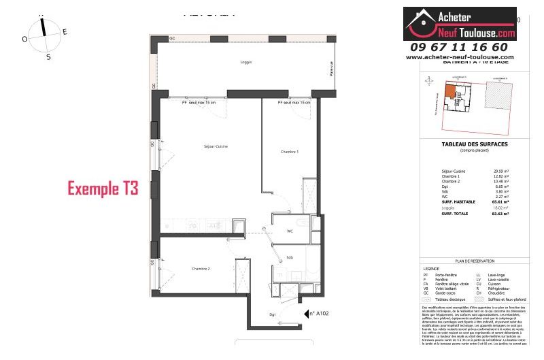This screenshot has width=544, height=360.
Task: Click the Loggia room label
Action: (x=245, y=63)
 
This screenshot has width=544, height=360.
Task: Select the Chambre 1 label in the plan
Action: (x=290, y=152)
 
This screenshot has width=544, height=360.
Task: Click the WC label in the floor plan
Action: (x=290, y=231)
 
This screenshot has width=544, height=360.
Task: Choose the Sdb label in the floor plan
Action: (x=290, y=257)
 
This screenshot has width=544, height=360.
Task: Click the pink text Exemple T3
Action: (x=102, y=189)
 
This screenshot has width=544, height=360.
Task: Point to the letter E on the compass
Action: (x=65, y=31)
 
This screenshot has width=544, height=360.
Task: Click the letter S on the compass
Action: (x=48, y=57)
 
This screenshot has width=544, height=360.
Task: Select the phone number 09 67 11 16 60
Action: (x=459, y=47)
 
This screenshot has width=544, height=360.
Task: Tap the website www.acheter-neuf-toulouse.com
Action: (x=460, y=57)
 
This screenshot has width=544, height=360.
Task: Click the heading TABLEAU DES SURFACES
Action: (x=474, y=144)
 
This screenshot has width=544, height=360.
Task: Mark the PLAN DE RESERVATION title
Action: (x=474, y=261)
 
